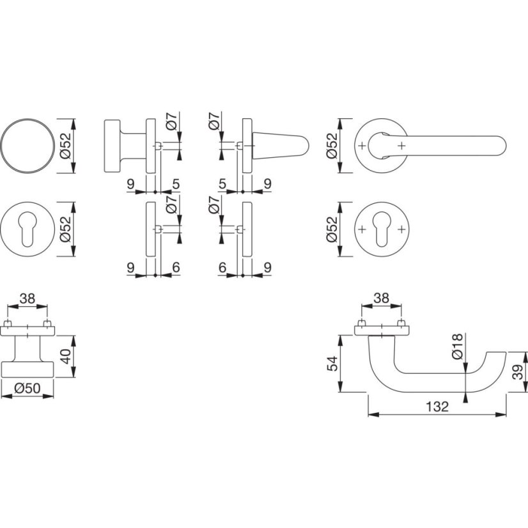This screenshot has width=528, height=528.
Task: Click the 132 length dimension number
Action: [437, 407]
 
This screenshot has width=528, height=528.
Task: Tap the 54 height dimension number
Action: [332, 363]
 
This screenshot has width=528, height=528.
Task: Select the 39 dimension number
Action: [519, 372]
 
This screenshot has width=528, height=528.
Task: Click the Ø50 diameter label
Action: [27, 388]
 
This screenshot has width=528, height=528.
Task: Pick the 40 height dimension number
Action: [66, 356]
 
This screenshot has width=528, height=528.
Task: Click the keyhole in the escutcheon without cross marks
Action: [27, 229]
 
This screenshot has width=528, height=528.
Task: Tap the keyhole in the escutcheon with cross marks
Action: [382, 229]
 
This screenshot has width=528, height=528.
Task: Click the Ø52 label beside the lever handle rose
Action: [332, 146]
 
